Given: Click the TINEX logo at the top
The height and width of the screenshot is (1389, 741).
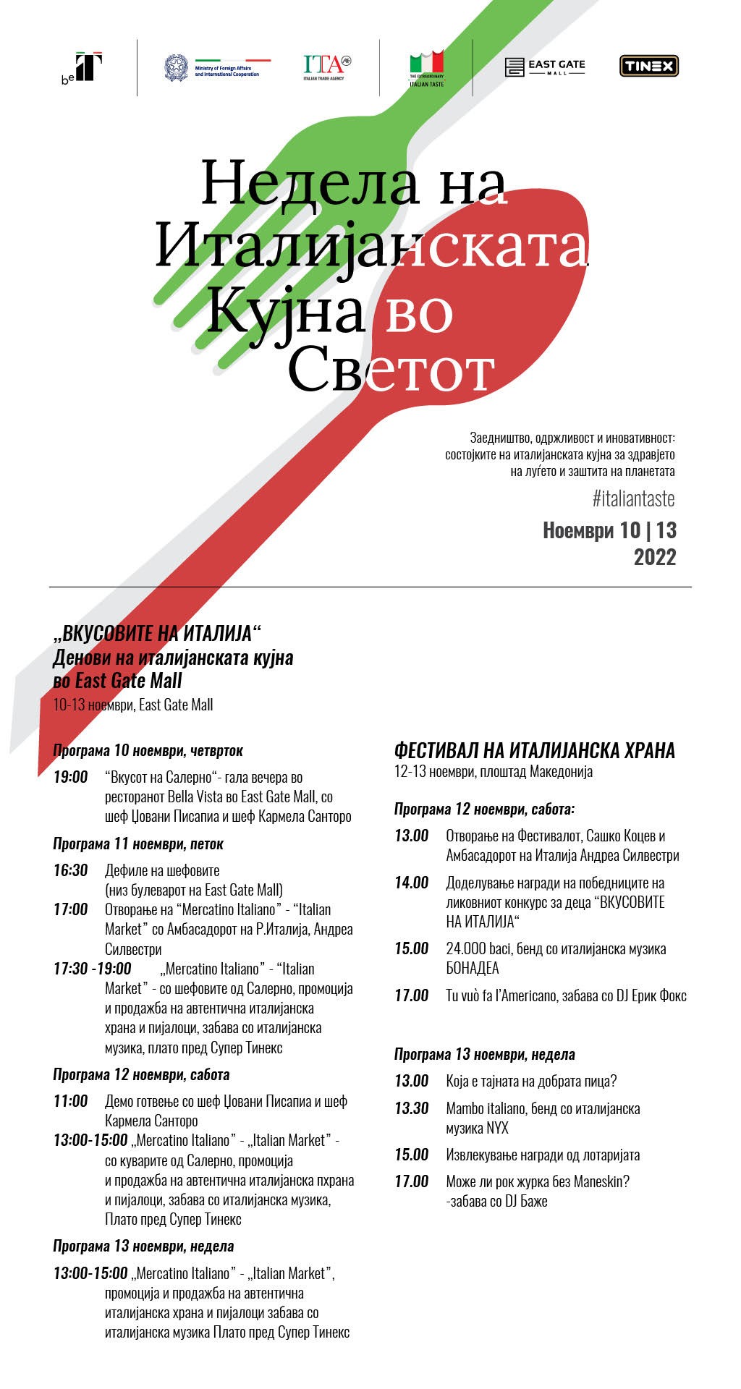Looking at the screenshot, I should (x=648, y=67).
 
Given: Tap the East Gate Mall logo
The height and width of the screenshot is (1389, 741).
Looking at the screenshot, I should (x=545, y=67).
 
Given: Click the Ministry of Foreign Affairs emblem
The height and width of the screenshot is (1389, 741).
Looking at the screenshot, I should (x=176, y=67).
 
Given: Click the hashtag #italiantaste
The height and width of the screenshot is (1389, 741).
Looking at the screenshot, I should (x=633, y=498).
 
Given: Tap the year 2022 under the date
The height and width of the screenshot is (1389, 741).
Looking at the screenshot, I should (x=654, y=557).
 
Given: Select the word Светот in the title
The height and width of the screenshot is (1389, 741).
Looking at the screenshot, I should (x=391, y=370).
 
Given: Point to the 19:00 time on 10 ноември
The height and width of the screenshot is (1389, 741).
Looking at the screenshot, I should (x=70, y=777).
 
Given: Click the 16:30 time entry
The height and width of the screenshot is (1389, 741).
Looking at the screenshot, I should (x=70, y=870).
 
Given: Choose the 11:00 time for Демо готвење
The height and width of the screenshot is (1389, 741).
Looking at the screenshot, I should (x=70, y=1101).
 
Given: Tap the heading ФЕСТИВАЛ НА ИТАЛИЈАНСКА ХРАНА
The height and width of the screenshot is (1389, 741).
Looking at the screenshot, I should (x=534, y=750).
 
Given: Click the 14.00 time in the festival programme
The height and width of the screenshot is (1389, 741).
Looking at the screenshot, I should (x=411, y=883).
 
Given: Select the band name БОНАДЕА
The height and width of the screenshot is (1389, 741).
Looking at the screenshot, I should (x=473, y=968).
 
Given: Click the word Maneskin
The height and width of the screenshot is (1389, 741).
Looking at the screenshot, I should (x=601, y=1181).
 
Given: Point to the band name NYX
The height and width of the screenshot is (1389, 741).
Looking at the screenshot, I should (x=497, y=1128).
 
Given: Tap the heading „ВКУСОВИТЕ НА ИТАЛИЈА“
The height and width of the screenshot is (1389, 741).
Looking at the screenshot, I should (x=156, y=634).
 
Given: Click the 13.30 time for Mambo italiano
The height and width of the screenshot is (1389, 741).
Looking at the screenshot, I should (x=411, y=1108).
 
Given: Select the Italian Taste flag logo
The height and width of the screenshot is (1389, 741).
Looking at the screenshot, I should (x=426, y=67).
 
